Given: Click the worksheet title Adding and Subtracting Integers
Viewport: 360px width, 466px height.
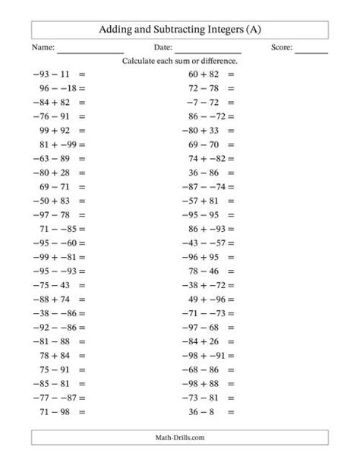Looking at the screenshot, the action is tap(180, 30).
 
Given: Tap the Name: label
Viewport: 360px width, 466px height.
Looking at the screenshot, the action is tap(44, 48).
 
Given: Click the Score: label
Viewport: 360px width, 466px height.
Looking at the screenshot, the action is tap(282, 48).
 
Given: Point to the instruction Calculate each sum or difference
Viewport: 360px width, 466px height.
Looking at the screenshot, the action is tap(180, 61).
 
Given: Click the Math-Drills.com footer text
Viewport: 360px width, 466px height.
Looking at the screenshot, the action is tap(180, 438).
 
